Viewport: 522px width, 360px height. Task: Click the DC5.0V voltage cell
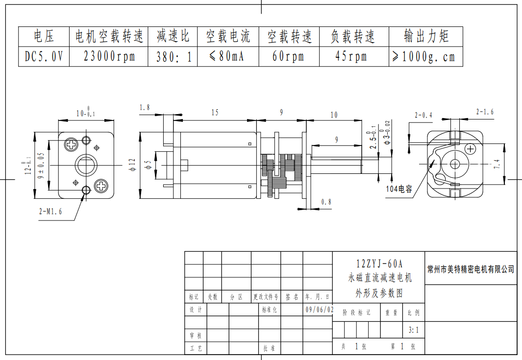coord(44,56)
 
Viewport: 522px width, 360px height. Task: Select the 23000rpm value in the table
coord(109,56)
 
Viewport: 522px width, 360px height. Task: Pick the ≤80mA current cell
coord(226,56)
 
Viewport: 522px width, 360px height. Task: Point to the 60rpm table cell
coord(288,56)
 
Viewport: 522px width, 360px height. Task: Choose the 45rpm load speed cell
coord(351,56)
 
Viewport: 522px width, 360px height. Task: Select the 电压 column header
coord(44,36)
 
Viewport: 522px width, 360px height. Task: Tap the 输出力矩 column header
coord(426,36)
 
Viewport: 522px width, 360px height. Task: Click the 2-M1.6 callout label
coord(50,212)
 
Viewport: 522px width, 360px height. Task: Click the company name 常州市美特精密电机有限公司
coord(471,269)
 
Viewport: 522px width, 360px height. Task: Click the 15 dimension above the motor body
coord(215,113)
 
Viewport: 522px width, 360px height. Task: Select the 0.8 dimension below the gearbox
coord(326,202)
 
